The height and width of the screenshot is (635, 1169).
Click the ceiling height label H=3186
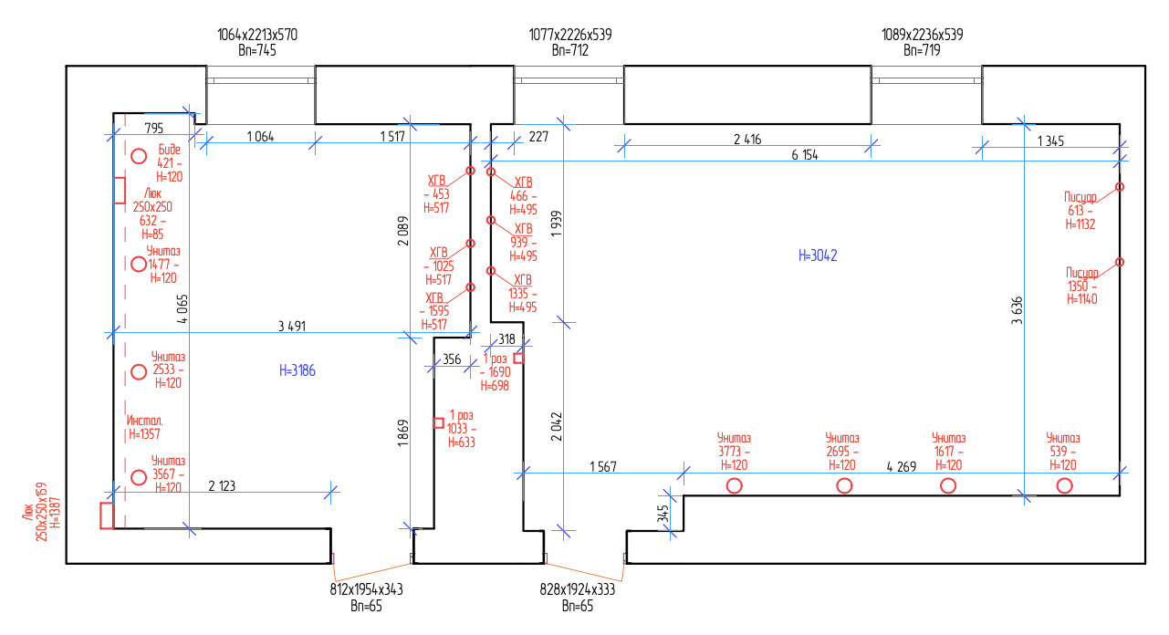pos(297,370)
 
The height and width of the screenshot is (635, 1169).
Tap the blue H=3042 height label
pos(818,255)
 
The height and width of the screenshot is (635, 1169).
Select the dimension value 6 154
pos(805,155)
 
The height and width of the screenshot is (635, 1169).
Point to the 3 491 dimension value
pos(292,326)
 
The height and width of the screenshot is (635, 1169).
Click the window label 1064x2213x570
pos(257,35)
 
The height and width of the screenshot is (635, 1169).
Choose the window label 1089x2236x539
pos(923,35)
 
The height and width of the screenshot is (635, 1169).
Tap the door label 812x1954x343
pos(366,589)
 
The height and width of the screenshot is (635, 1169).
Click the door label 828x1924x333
pos(577,589)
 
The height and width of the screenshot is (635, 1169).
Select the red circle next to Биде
pos(139,156)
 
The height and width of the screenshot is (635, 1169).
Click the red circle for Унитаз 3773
pos(735,485)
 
